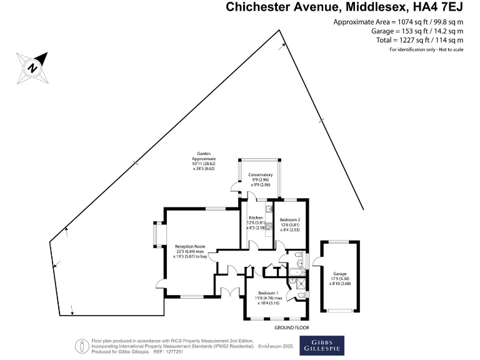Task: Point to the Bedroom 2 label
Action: (x=290, y=221)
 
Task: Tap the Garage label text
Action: (x=339, y=274)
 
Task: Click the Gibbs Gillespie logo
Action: (x=322, y=346)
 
